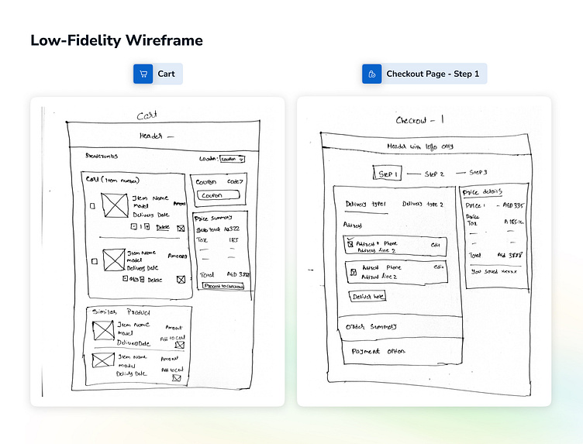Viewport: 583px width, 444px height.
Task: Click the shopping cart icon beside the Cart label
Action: pos(143,74)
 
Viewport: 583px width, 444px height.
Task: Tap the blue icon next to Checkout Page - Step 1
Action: pos(372,74)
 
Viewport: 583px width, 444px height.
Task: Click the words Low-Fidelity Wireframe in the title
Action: pos(116,40)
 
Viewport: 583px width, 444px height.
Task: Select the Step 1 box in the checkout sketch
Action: pos(388,174)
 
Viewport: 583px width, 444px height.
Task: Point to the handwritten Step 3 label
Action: pos(478,172)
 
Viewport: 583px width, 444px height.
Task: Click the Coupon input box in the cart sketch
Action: pos(218,196)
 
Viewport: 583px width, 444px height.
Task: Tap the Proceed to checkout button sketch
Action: pos(223,286)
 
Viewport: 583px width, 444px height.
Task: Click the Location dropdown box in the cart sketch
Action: pos(232,159)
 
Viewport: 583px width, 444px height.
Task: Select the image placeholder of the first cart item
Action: pos(116,205)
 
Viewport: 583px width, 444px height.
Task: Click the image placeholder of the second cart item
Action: pos(114,259)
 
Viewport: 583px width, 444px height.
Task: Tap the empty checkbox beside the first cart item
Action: pos(93,206)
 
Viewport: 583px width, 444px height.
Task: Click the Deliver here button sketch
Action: pos(368,296)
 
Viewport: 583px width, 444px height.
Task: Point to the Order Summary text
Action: pos(371,326)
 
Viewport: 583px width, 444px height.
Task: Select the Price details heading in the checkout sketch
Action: pos(482,191)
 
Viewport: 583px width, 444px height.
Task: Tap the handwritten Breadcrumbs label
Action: pos(103,156)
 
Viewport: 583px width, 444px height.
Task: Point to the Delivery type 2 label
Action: pos(423,205)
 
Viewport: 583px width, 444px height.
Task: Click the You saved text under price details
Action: pos(492,271)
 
